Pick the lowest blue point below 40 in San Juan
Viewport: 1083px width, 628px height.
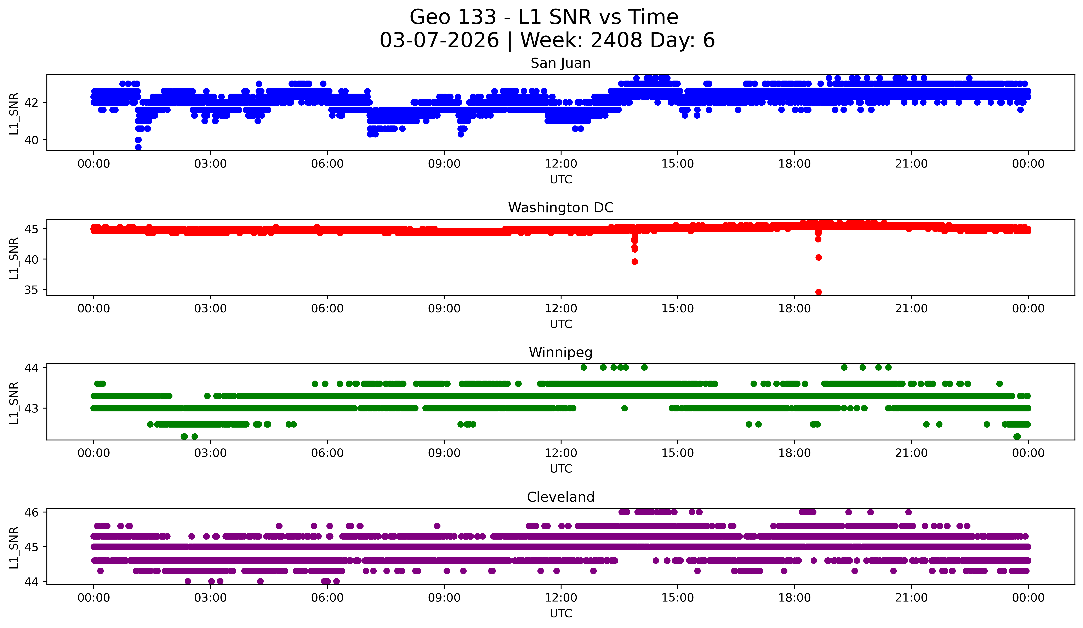tap(138, 147)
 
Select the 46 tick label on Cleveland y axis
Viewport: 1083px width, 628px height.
tap(31, 512)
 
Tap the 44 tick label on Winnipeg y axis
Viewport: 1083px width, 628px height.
tap(31, 368)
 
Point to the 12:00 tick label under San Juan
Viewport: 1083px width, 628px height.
tap(561, 164)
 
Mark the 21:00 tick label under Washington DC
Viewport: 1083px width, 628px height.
tap(911, 309)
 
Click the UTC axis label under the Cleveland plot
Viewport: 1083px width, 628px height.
tap(561, 614)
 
